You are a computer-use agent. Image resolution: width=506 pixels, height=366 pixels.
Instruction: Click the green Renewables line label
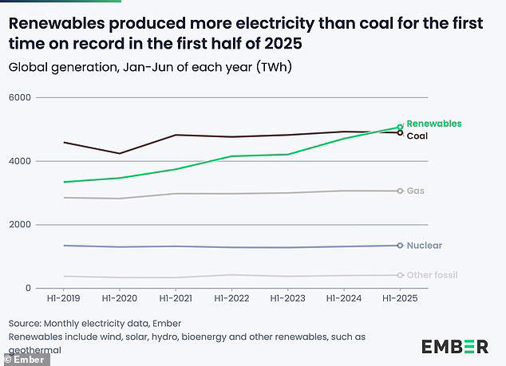(x=433, y=124)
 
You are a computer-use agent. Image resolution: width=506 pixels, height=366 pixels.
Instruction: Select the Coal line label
(x=417, y=136)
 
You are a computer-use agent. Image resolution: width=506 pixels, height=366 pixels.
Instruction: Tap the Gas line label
(x=415, y=191)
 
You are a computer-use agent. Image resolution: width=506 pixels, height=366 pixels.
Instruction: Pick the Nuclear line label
(x=424, y=246)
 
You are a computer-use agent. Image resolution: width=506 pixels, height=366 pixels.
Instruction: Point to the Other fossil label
(x=432, y=275)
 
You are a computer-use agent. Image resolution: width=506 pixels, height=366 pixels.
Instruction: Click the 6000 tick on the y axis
(x=20, y=97)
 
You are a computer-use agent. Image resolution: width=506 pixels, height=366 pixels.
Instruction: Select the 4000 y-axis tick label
(x=20, y=161)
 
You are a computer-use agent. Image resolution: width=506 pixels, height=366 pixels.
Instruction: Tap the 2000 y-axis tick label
(x=20, y=225)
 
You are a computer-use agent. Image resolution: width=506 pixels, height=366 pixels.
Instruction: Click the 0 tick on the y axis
(x=28, y=289)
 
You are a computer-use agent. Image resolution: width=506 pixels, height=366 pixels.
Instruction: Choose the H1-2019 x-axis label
(x=63, y=300)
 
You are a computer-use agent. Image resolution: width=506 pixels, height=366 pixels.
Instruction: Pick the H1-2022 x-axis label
(x=231, y=300)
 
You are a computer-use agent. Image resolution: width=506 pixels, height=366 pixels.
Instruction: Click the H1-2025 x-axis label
(x=400, y=300)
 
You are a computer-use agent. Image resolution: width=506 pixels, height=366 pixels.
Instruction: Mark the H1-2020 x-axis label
(x=119, y=300)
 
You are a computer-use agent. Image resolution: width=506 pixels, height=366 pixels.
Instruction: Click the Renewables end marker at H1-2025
(x=400, y=126)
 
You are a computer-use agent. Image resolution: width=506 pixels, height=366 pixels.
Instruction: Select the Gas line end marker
(x=400, y=191)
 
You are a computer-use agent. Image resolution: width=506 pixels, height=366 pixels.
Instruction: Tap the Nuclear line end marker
(x=400, y=246)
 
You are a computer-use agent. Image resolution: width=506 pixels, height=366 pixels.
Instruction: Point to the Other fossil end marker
(x=400, y=275)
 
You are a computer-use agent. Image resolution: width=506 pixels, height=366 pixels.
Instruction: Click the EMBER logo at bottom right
(x=454, y=346)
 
